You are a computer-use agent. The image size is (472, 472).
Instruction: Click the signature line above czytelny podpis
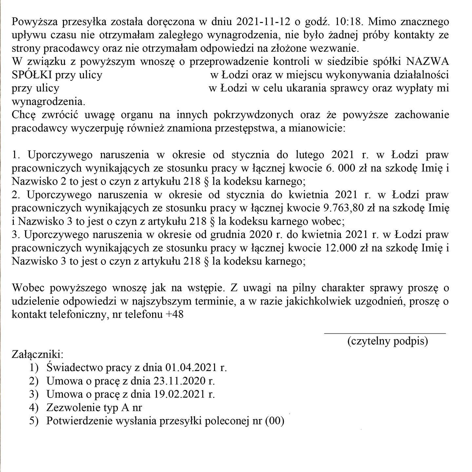click(385, 333)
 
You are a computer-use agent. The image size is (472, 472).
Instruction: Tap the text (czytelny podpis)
click(388, 341)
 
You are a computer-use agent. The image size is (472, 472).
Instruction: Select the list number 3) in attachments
click(34, 394)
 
